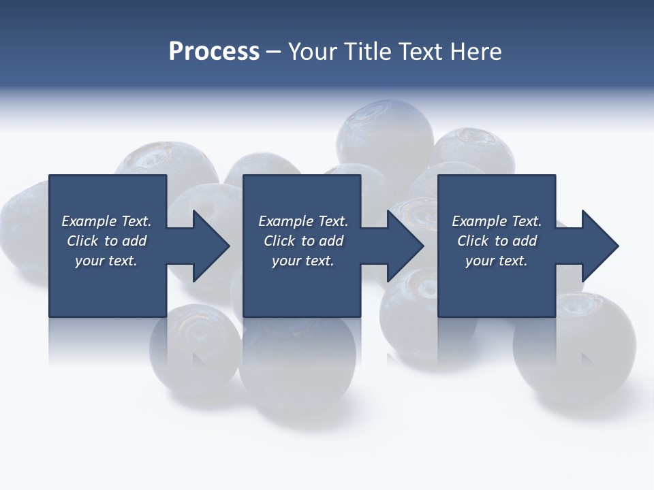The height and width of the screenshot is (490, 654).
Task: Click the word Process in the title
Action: coord(214,52)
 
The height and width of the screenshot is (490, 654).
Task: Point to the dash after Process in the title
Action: coord(273,52)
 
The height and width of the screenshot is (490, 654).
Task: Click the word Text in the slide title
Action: coord(419,52)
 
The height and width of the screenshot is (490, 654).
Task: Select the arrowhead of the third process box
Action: coord(599,246)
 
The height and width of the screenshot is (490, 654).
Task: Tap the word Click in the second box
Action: coord(279,241)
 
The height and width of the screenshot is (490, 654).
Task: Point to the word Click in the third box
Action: coord(473,241)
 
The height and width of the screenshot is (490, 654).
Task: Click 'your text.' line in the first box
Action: coord(106,261)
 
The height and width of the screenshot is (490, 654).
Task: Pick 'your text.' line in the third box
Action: coord(497,261)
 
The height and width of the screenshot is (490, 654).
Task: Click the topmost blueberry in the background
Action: coord(385,133)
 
